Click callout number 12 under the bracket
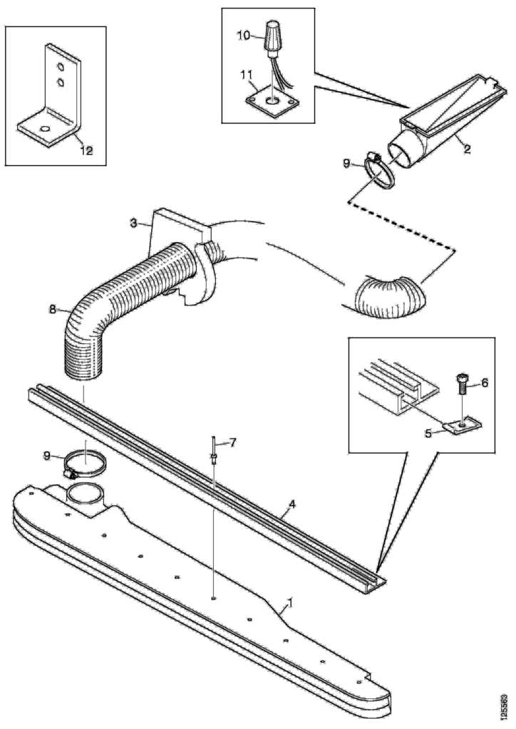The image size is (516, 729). (87, 151)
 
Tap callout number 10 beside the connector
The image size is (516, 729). (244, 36)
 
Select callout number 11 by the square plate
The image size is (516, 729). (247, 73)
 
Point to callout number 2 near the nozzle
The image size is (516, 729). (467, 150)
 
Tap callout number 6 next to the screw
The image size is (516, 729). (485, 382)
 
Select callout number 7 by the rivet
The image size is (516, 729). (232, 442)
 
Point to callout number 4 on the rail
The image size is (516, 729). (292, 503)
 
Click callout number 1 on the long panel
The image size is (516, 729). (290, 603)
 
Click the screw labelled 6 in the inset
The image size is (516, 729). (462, 384)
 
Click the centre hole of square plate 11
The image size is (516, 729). (272, 100)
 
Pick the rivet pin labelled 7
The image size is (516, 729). (213, 449)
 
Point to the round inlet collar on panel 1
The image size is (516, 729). (86, 496)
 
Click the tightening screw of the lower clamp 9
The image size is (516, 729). (71, 473)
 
